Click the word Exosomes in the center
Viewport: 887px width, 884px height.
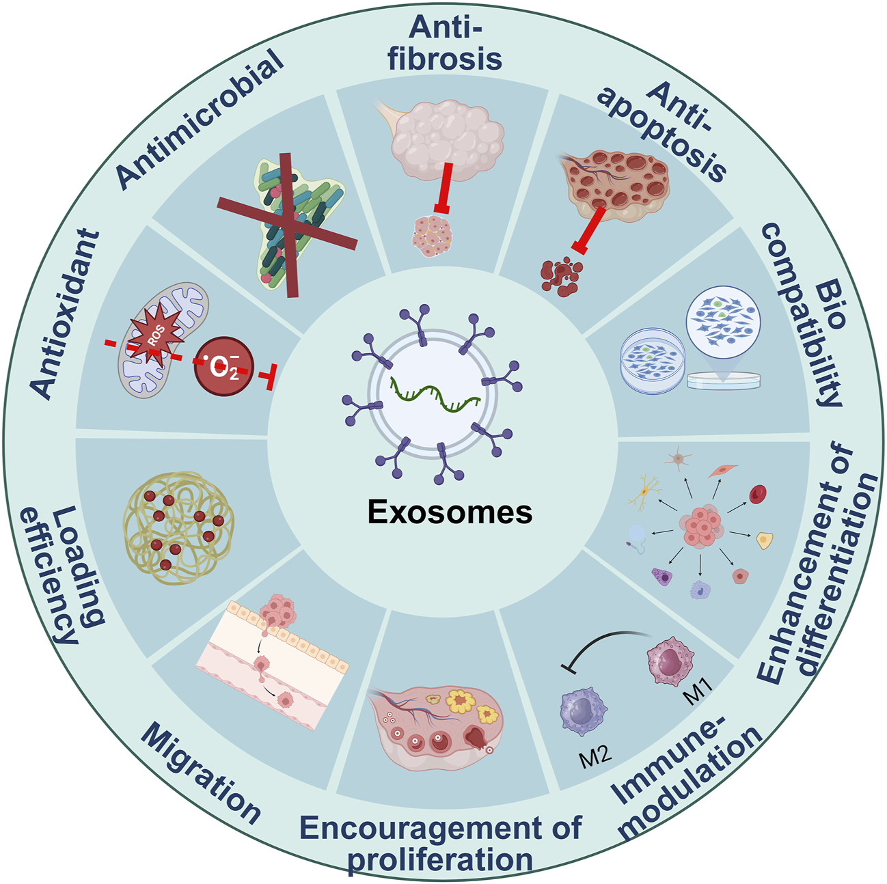[450, 512]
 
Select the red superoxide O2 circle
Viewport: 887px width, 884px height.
[224, 367]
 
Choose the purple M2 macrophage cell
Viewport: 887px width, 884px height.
[583, 711]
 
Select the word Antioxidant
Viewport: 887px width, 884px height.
[66, 314]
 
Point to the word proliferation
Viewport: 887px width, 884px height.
[440, 859]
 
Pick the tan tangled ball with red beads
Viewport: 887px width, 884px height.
[178, 526]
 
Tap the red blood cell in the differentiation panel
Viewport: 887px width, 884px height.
[758, 493]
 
